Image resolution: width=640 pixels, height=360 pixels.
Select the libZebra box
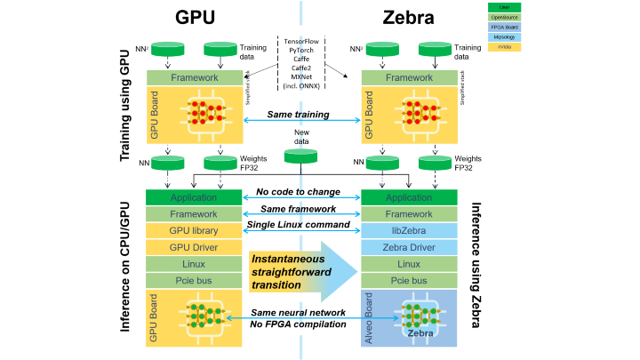pyautogui.click(x=408, y=231)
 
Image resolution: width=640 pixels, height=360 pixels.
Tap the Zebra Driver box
pyautogui.click(x=408, y=248)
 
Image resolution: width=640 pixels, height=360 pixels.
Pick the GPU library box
pyautogui.click(x=194, y=231)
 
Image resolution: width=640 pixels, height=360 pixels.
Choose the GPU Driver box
pyautogui.click(x=194, y=248)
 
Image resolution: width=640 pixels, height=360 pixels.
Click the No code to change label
pyautogui.click(x=300, y=191)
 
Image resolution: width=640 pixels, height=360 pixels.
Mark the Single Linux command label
pyautogui.click(x=300, y=225)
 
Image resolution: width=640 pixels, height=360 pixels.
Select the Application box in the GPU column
pyautogui.click(x=194, y=197)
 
